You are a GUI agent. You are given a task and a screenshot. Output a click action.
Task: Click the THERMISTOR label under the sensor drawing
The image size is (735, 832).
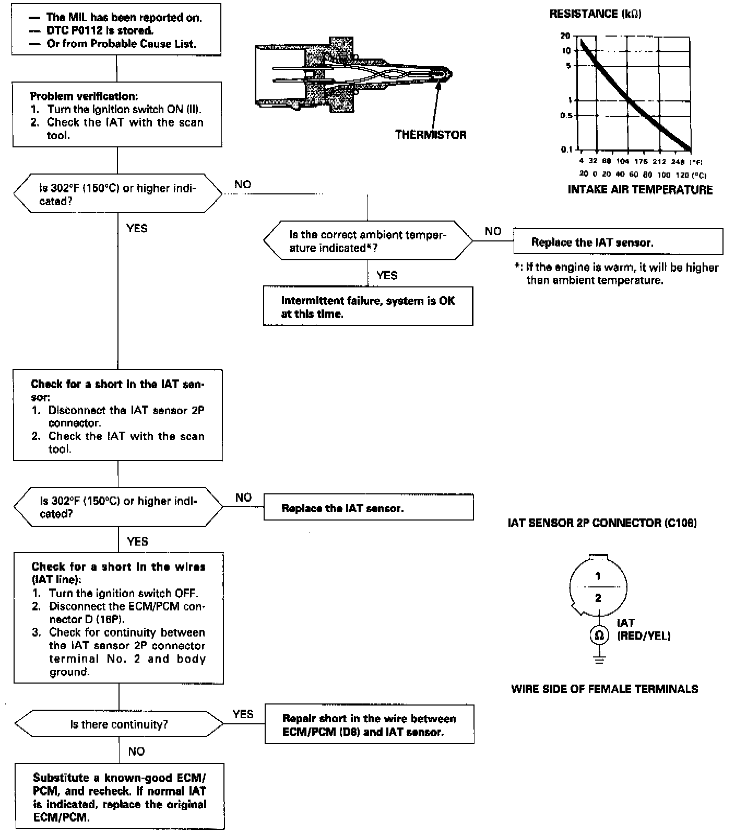point(431,135)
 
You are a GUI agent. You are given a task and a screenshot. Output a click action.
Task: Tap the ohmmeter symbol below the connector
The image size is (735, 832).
point(599,635)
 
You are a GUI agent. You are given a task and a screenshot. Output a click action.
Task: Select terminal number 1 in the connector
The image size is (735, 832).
point(598,576)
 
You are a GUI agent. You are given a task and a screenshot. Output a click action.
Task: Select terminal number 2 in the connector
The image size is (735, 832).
point(598,598)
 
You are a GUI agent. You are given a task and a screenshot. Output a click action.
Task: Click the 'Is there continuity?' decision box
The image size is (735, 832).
point(119,724)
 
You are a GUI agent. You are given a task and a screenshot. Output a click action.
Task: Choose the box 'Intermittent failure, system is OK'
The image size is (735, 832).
point(368,307)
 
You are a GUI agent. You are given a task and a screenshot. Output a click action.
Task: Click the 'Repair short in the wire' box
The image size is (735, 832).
point(370,725)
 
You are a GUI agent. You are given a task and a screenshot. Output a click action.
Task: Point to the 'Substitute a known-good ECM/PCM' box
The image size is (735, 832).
point(120,797)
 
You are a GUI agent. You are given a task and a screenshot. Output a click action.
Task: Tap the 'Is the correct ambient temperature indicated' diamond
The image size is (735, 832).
point(368,241)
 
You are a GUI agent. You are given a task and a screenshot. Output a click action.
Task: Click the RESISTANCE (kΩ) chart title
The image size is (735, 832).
point(595,14)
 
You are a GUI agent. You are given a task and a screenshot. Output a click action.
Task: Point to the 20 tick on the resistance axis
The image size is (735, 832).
point(565,36)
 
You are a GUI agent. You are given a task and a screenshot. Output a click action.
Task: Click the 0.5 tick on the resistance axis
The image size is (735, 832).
point(566,115)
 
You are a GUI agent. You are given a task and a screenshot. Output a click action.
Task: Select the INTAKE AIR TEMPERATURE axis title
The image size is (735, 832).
point(640,190)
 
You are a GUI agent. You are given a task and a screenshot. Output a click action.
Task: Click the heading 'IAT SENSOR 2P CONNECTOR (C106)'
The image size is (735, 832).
point(602,523)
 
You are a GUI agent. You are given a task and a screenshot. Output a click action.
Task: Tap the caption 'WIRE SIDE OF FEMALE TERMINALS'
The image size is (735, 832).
point(604,689)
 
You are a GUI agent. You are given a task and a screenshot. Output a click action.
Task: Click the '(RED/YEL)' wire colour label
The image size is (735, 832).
point(644,636)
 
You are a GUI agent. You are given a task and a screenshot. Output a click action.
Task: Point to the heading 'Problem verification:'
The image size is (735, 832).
point(84,96)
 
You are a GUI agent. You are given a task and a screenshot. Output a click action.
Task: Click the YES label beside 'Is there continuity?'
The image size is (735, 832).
point(243,714)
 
